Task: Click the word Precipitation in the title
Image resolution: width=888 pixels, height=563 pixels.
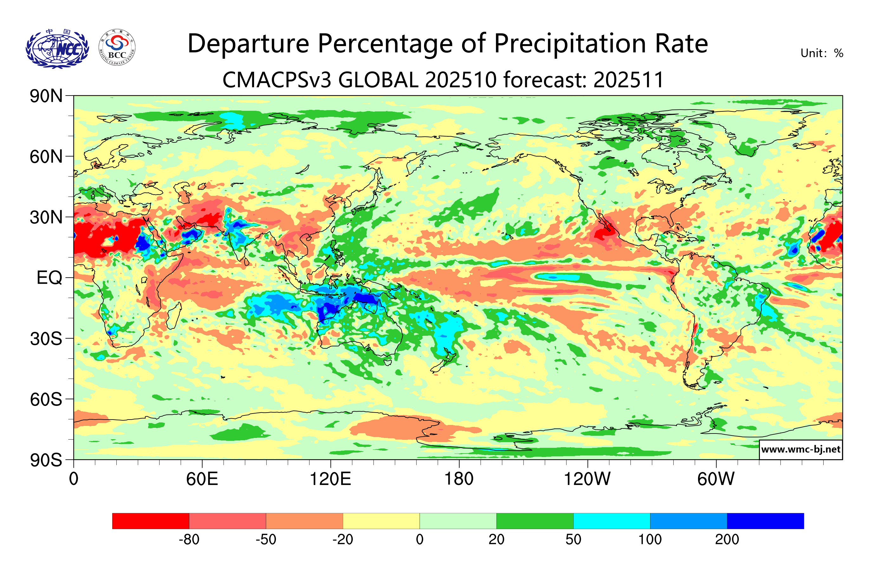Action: (570, 44)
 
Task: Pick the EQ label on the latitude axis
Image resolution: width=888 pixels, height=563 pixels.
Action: (49, 278)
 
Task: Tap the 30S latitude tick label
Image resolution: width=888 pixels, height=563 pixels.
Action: (46, 339)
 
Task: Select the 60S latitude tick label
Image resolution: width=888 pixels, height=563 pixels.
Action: (46, 399)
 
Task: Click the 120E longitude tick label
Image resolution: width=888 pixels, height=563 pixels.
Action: (330, 479)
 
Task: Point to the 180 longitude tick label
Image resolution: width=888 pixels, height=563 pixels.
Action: (459, 479)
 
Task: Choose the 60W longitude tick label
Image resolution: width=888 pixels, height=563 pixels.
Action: (716, 479)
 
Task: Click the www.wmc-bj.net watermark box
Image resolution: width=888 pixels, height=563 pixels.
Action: (800, 449)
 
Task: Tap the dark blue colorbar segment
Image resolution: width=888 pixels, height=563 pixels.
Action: (765, 520)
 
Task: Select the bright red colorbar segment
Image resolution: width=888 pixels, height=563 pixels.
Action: (150, 520)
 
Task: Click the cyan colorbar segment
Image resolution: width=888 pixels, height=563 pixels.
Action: (612, 520)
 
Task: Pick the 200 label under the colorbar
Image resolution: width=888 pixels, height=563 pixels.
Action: (727, 540)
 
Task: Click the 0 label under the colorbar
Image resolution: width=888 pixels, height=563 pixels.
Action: (420, 540)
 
